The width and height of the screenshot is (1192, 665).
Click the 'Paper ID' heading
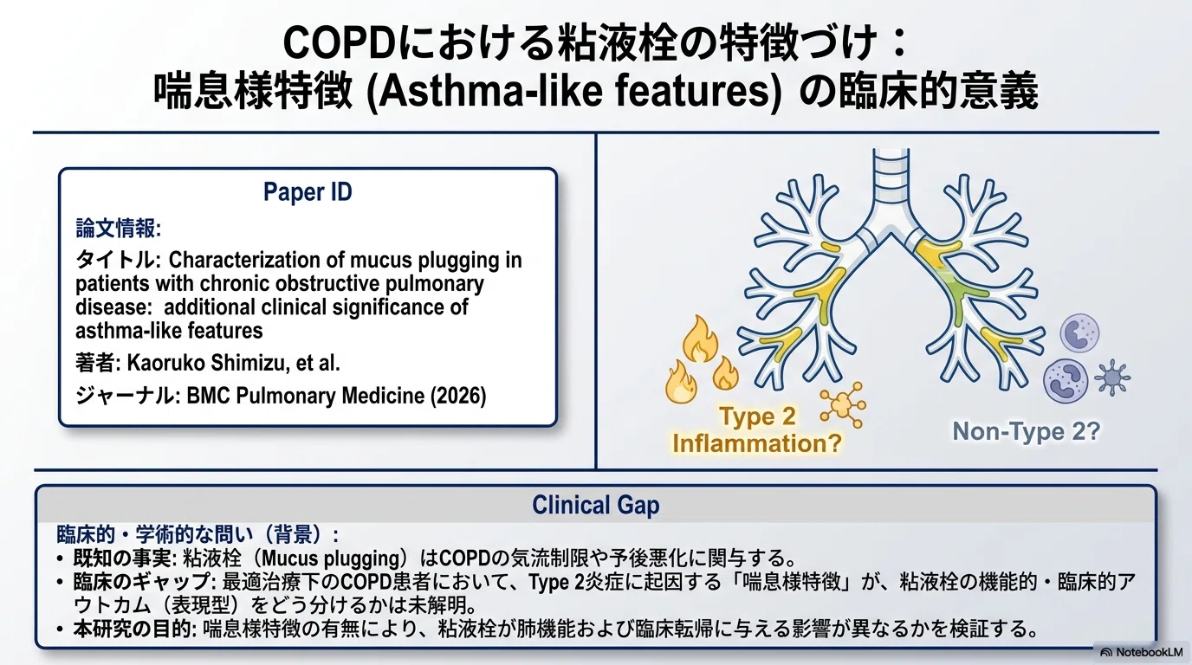(x=308, y=192)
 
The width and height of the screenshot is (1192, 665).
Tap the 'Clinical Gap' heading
(x=595, y=505)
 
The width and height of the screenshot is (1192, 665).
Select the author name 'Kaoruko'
(x=165, y=363)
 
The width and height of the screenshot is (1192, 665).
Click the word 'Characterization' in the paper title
(x=243, y=260)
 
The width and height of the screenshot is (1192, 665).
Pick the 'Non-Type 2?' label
(x=1026, y=431)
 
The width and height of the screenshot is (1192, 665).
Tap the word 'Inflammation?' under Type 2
(x=757, y=442)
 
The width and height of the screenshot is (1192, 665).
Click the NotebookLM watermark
(x=1142, y=652)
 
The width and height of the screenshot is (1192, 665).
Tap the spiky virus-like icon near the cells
(x=1112, y=378)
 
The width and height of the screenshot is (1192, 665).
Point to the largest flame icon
(x=700, y=339)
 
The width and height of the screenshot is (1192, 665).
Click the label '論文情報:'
(x=118, y=229)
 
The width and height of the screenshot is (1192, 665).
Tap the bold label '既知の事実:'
(x=126, y=558)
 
